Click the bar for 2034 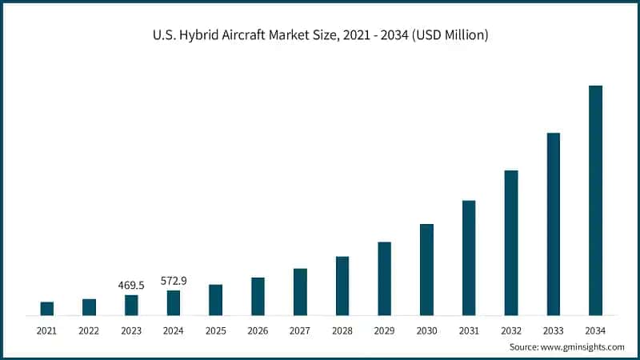click(595, 200)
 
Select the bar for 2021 click(46, 309)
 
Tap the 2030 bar click(426, 270)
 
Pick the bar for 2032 click(511, 242)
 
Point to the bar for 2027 click(300, 292)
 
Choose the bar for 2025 click(215, 300)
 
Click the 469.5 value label click(131, 286)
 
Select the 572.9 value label click(174, 281)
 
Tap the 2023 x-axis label click(131, 330)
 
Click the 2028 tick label click(342, 330)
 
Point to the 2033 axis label click(554, 330)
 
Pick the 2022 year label click(89, 330)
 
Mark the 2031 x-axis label click(469, 330)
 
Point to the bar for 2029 click(384, 278)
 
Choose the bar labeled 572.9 click(174, 302)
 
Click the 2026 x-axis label click(258, 330)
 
